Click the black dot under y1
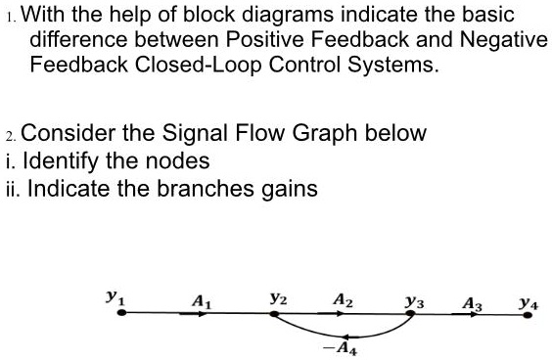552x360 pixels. pyautogui.click(x=121, y=314)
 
